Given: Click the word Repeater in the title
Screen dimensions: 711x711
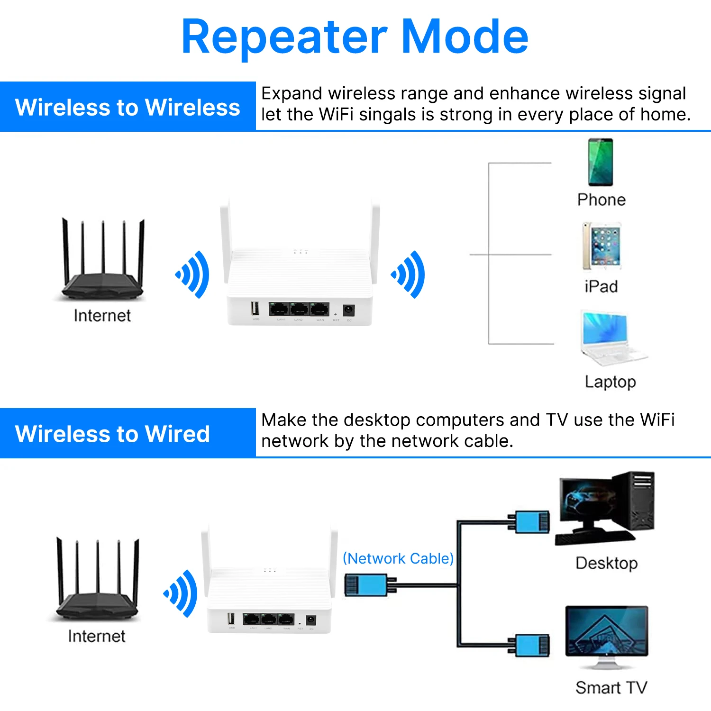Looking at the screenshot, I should click(283, 37).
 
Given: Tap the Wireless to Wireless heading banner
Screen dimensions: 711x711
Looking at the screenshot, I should click(128, 107).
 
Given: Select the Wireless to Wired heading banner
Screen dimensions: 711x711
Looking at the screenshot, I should click(112, 434).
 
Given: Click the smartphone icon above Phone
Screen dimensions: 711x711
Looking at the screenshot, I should click(601, 162).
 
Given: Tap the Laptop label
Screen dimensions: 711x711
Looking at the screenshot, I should click(610, 382).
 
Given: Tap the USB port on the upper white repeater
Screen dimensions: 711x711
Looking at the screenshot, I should click(255, 309).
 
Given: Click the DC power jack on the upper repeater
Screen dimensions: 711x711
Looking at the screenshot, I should click(349, 310).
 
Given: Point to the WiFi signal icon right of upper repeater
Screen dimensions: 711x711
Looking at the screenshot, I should click(409, 274).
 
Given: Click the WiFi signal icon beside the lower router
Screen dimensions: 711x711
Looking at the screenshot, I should click(181, 593).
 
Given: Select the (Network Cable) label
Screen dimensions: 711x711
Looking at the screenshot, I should click(398, 558).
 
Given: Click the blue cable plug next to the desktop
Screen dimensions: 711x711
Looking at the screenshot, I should click(531, 522).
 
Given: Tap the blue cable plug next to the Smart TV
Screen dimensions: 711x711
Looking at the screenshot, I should click(531, 646).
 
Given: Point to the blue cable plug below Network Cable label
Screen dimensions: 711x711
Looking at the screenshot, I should click(366, 585).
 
